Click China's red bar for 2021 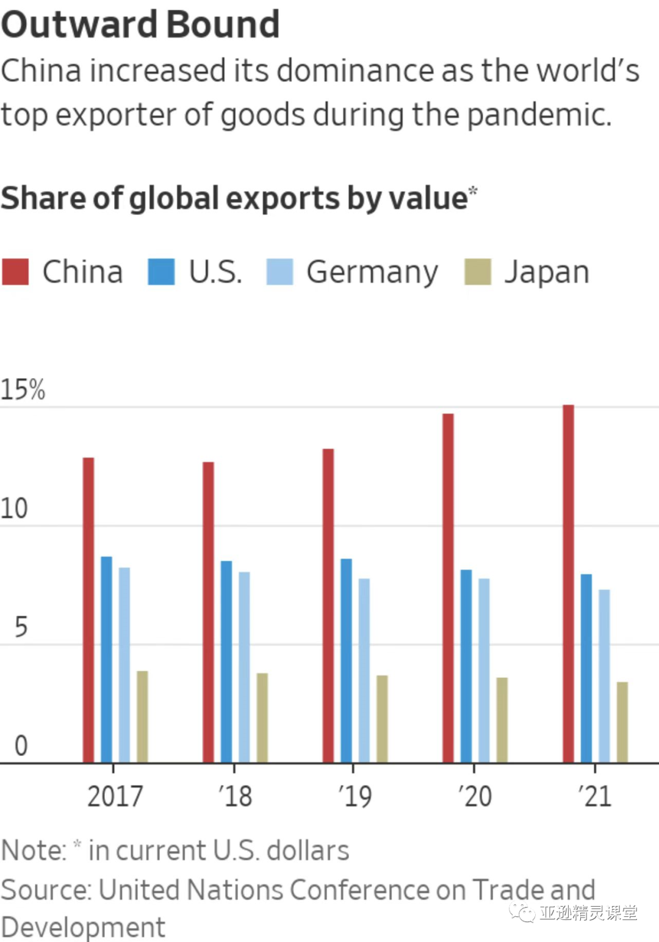(x=568, y=583)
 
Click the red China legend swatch (x=15, y=271)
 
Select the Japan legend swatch (x=478, y=271)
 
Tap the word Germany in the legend (x=372, y=272)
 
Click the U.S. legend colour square (x=161, y=271)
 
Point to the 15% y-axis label (x=23, y=390)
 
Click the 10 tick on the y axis (x=14, y=508)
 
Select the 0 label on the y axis (x=21, y=746)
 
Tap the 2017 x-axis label (x=115, y=796)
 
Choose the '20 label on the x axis (x=475, y=796)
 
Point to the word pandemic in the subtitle (x=538, y=115)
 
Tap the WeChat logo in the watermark (x=522, y=913)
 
